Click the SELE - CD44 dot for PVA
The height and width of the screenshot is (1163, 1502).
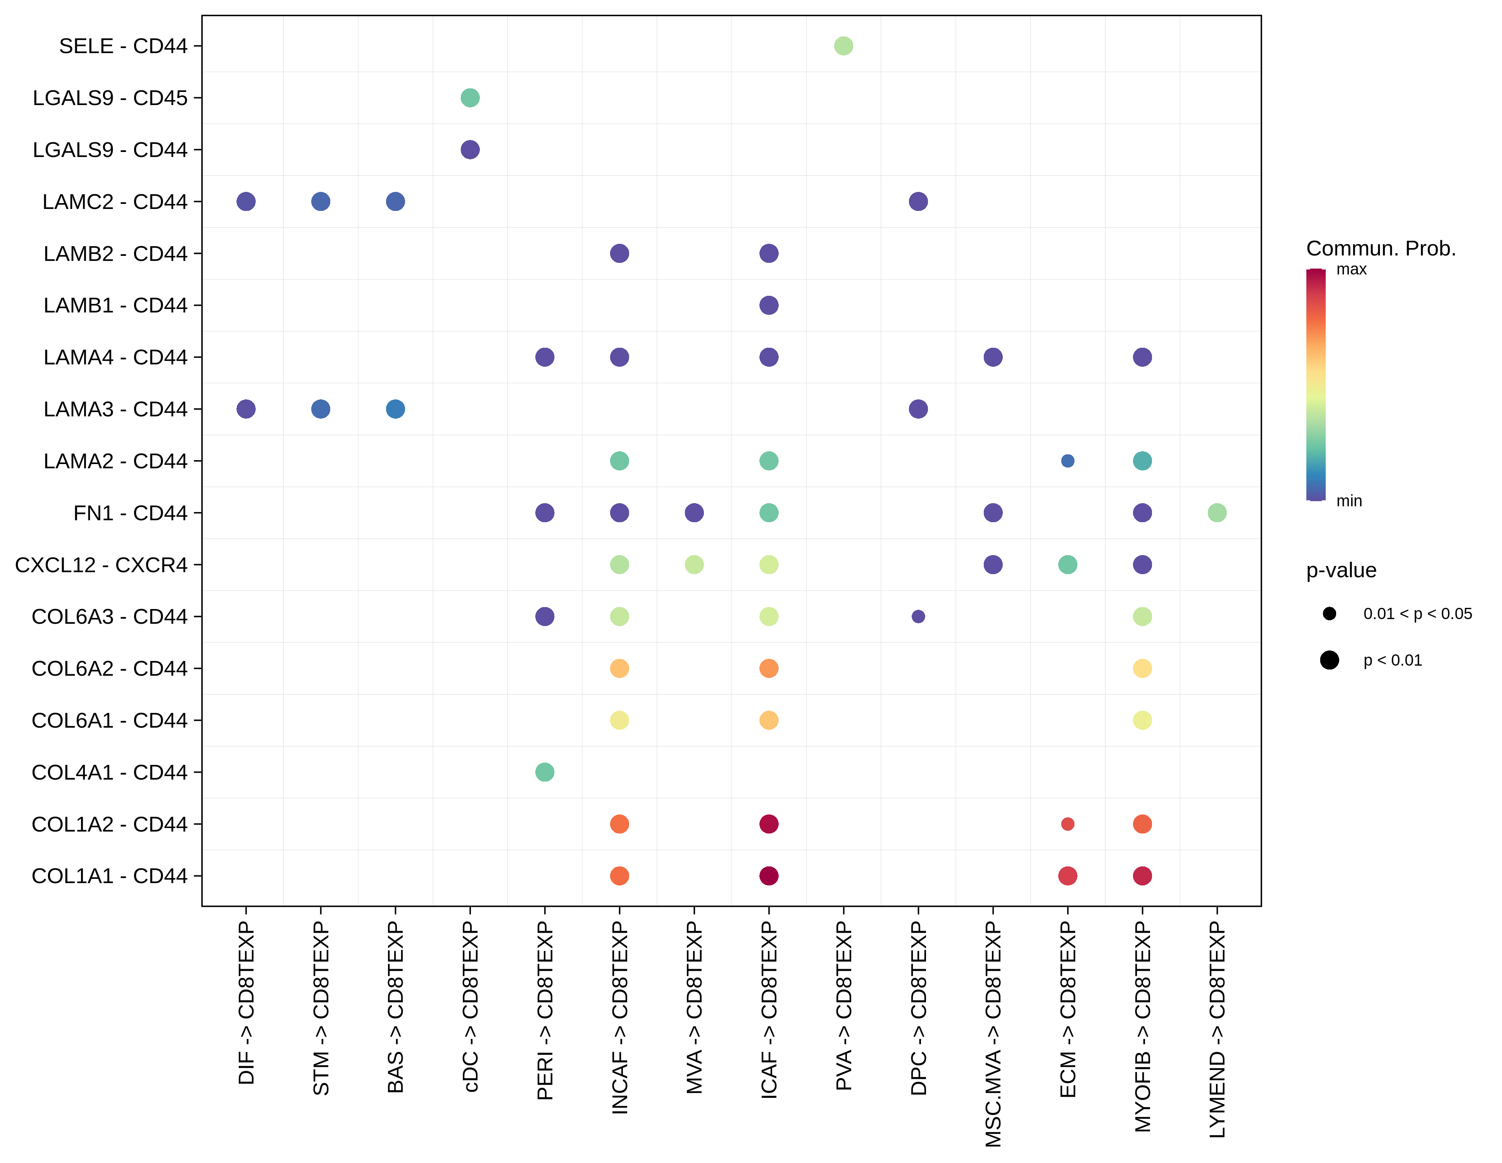843,46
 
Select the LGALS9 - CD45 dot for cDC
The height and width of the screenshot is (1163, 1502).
470,98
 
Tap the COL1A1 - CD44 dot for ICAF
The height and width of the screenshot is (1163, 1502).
769,875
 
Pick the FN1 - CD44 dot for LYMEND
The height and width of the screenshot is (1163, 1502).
1217,512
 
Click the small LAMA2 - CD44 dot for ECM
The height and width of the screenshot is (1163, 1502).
1067,461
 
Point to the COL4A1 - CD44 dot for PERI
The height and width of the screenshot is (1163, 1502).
545,772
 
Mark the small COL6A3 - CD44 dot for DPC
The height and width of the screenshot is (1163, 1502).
918,616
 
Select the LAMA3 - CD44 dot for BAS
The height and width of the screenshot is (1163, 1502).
395,409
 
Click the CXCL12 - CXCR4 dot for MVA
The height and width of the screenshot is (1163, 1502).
694,565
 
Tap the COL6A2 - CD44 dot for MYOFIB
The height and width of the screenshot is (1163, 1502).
1142,668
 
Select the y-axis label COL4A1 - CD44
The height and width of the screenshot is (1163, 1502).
109,772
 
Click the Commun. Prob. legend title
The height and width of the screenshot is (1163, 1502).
1381,248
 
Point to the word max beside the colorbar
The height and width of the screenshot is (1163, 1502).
1351,269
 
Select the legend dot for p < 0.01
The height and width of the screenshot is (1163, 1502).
1330,660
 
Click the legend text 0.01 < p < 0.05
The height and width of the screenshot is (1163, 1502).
1418,613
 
